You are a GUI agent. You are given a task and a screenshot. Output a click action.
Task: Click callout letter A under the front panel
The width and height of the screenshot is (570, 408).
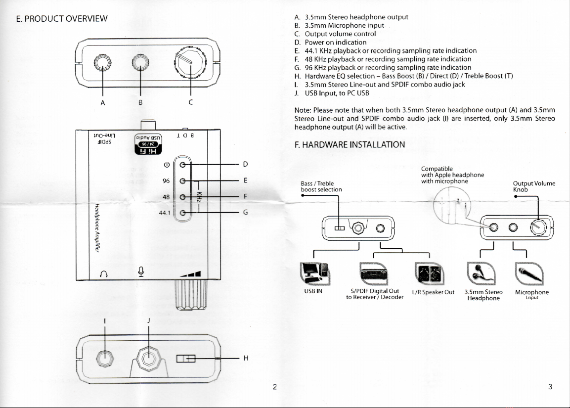point(102,103)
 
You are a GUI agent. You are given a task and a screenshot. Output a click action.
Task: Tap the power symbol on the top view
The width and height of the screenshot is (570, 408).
point(167,165)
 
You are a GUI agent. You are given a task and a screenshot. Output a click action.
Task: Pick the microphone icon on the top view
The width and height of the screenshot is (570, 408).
point(141,271)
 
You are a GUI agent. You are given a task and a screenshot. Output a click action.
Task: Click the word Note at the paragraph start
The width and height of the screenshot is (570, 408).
point(302,110)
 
